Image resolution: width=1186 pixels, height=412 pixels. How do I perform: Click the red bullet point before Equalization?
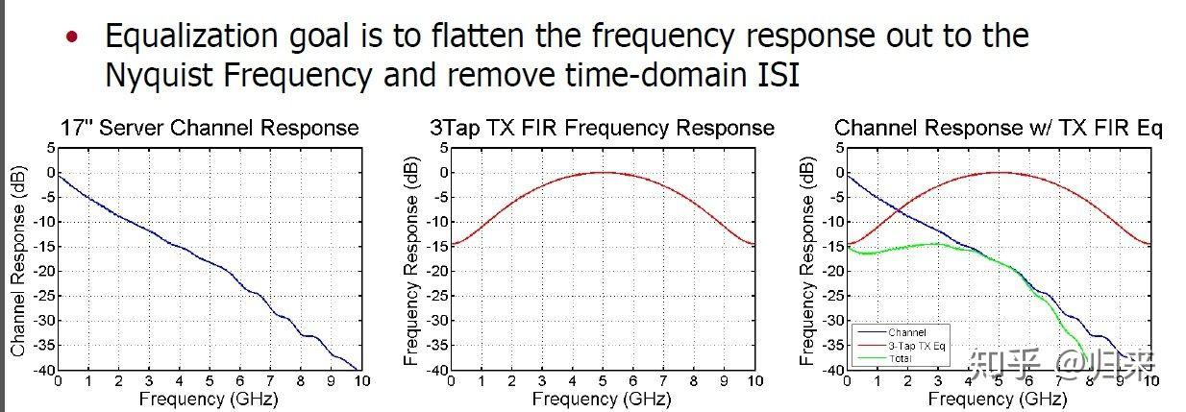[70, 38]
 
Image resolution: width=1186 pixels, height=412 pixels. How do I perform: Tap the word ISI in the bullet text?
[772, 74]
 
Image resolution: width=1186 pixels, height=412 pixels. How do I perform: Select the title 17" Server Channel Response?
[210, 128]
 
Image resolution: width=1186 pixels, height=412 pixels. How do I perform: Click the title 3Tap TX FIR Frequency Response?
[602, 128]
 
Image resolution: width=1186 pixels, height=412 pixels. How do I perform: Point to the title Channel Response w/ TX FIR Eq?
[999, 128]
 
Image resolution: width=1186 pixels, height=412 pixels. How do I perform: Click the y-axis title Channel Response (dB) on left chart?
[18, 259]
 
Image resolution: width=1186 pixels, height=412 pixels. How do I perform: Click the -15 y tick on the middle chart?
[433, 247]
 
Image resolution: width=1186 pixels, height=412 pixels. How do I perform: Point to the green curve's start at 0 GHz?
[847, 247]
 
